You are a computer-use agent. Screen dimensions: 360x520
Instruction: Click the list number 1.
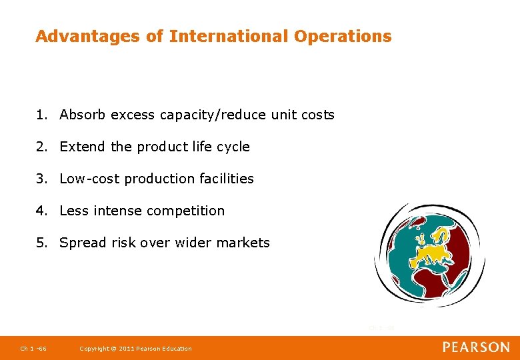tap(41, 115)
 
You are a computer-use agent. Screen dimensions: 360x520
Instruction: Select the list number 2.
tap(41, 147)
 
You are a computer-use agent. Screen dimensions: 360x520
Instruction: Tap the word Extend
tap(83, 147)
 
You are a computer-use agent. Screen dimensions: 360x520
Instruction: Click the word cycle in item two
tap(233, 147)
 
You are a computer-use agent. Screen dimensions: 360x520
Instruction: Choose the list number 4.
tap(41, 211)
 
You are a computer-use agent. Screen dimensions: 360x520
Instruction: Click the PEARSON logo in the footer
tap(476, 347)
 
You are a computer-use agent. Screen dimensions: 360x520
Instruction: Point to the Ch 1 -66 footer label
tap(33, 349)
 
